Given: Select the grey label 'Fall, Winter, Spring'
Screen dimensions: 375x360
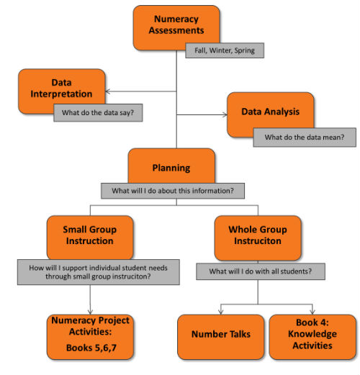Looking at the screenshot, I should (224, 50).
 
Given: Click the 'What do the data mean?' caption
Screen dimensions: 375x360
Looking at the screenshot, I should (305, 137).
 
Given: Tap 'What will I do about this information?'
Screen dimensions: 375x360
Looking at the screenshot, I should (172, 191).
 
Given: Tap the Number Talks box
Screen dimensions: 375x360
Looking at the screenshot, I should (220, 335).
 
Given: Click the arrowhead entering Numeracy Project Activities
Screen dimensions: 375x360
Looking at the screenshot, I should (89, 310).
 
